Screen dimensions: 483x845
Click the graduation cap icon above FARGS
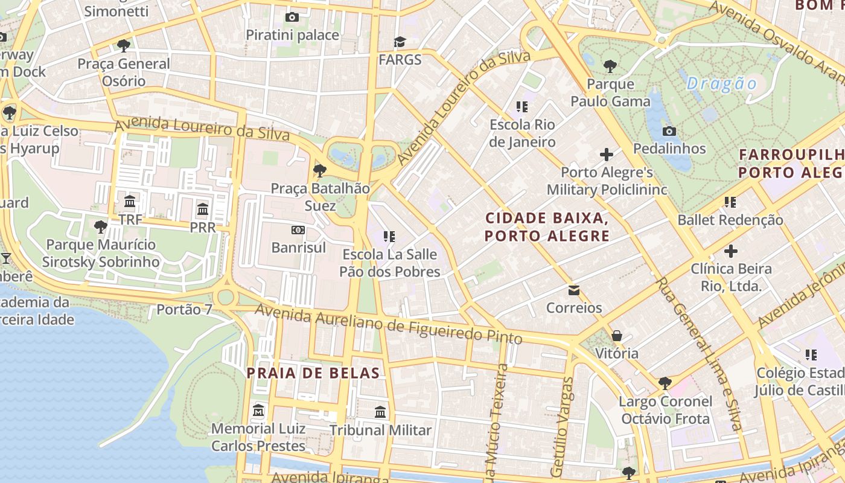pos(400,42)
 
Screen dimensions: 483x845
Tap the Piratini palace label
pos(292,35)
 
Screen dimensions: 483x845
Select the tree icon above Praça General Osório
pos(124,45)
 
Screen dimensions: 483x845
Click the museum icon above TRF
pos(130,201)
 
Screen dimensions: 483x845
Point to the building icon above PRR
pos(203,210)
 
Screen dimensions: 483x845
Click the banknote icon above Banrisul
pos(298,230)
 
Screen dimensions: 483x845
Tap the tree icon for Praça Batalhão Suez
pos(320,170)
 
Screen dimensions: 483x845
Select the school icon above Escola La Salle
pos(389,236)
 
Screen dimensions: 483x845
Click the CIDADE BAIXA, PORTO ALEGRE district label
pos(547,226)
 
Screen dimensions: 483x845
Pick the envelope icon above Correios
pos(573,290)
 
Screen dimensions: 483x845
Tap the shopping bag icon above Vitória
pos(617,335)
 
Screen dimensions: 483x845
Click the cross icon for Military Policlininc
pos(607,155)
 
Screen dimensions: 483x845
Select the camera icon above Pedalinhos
pos(669,131)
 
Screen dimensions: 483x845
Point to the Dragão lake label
pos(721,83)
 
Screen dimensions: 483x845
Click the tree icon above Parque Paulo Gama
pos(610,66)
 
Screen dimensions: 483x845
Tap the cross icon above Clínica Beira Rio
pos(731,251)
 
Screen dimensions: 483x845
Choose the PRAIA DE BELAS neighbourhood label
pos(313,373)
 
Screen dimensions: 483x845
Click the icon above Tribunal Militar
pos(380,412)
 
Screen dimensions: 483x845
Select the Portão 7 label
pos(185,310)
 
